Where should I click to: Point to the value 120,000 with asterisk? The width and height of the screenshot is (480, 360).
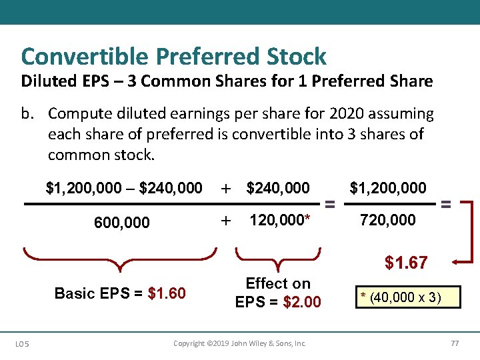click(x=280, y=220)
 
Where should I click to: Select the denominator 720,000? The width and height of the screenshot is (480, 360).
click(x=387, y=220)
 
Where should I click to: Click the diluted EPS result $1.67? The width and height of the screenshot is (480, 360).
click(x=405, y=263)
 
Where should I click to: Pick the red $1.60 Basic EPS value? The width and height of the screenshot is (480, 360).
click(x=167, y=293)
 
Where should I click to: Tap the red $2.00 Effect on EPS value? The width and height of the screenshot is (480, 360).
click(x=301, y=302)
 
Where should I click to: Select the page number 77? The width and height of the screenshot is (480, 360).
click(x=455, y=343)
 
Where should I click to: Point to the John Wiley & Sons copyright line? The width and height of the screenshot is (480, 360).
click(x=239, y=343)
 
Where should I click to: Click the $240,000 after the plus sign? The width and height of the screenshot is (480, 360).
click(x=278, y=189)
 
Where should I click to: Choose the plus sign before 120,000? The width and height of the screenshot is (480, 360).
click(x=226, y=220)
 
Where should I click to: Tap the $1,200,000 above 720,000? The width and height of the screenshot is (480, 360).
click(x=388, y=188)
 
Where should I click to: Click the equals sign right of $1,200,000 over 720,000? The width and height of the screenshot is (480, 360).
click(x=446, y=203)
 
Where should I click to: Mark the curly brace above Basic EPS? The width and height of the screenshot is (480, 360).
click(x=120, y=260)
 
